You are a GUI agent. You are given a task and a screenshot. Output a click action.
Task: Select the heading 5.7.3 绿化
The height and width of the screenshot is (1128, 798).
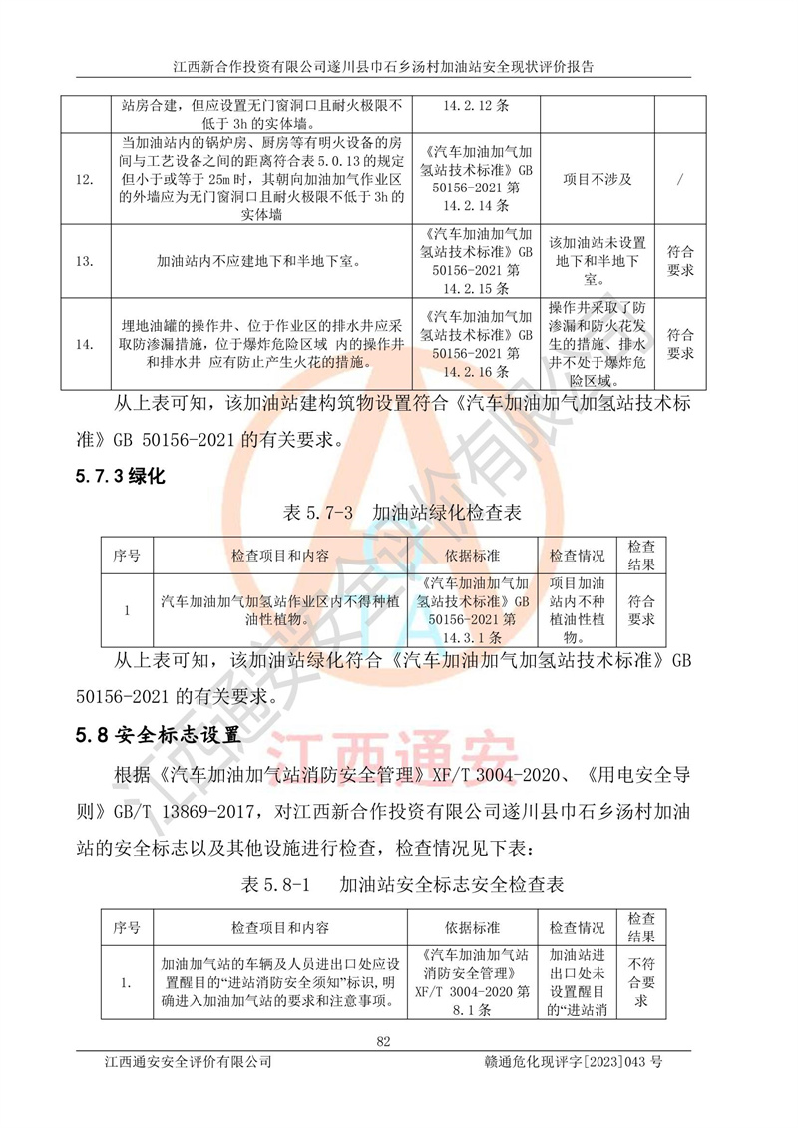pyautogui.click(x=120, y=477)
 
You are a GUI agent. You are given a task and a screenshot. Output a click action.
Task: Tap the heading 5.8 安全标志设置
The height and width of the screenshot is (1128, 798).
pyautogui.click(x=158, y=736)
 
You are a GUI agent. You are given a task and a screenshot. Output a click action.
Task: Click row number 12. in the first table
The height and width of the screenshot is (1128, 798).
pyautogui.click(x=86, y=179)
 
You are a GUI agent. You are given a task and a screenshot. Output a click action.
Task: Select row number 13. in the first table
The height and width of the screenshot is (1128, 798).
pyautogui.click(x=86, y=261)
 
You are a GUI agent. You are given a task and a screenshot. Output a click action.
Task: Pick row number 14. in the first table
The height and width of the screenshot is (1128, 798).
pyautogui.click(x=86, y=344)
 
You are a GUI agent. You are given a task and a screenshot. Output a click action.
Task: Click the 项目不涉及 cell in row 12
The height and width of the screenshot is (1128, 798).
pyautogui.click(x=597, y=179)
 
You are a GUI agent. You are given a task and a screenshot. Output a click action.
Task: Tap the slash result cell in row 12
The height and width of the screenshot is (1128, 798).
pyautogui.click(x=680, y=179)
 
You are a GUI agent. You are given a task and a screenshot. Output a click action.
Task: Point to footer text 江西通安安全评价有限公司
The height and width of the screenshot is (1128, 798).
pyautogui.click(x=189, y=1063)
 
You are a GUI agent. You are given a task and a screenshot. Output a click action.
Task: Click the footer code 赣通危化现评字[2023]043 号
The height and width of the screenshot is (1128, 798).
pyautogui.click(x=572, y=1063)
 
